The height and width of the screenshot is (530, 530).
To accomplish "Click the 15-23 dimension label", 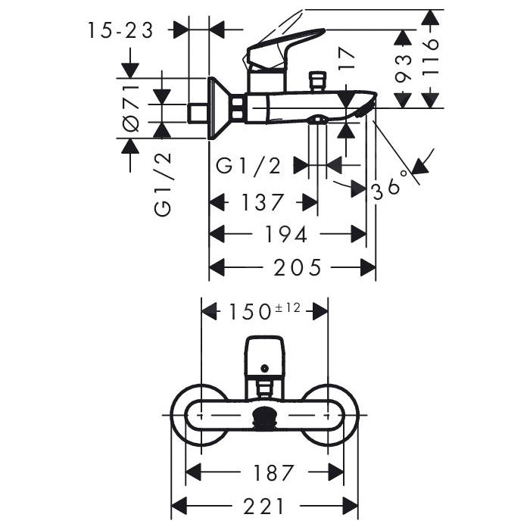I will tap(120, 30).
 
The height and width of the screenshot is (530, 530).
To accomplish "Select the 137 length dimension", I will tap(263, 203).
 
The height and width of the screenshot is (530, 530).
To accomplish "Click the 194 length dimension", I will tap(287, 235).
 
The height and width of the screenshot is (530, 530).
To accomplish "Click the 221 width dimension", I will tap(264, 505).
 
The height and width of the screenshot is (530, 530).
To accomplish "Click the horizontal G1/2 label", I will tap(249, 166).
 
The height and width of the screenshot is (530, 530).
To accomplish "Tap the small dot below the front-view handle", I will tap(264, 369).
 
